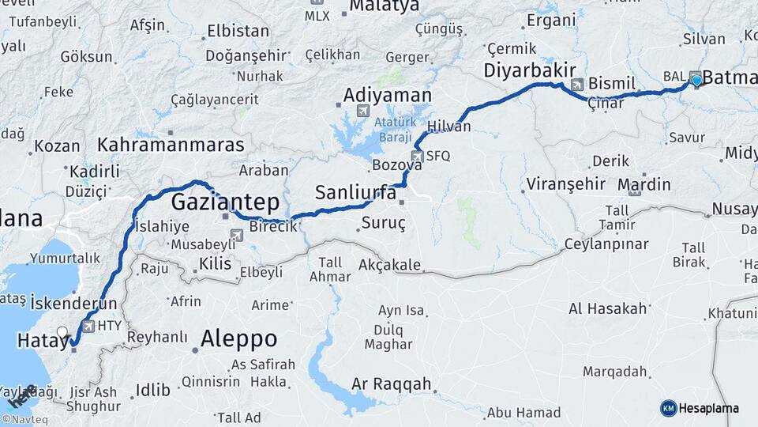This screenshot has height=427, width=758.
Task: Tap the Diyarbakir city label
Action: (x=530, y=70)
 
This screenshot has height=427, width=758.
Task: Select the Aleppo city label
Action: (x=238, y=339)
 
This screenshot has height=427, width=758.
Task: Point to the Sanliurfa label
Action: (x=355, y=191)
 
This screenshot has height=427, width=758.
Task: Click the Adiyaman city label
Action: (x=387, y=96)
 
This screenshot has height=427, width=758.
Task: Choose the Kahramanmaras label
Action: (x=171, y=145)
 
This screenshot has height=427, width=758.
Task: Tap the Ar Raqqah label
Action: (x=392, y=384)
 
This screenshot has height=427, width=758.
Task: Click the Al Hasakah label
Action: (x=607, y=308)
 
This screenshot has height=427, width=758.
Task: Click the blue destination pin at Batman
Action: (x=696, y=79)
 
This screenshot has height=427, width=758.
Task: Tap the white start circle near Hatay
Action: (x=62, y=332)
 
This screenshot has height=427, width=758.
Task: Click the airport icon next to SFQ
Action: (x=417, y=156)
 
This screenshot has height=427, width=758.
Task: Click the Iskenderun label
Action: (x=75, y=303)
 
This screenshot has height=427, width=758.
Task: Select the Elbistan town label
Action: (x=238, y=32)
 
